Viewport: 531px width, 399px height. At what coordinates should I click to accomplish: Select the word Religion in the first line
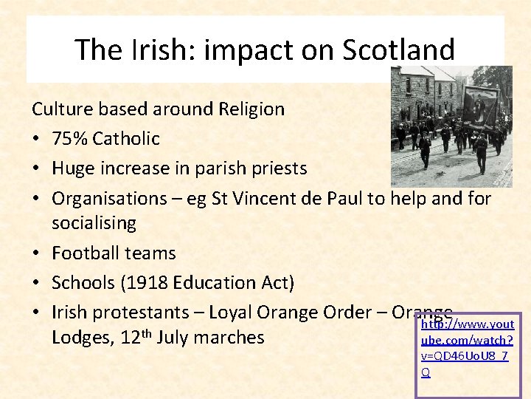[251, 109]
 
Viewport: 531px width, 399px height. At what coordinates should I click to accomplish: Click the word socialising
[94, 223]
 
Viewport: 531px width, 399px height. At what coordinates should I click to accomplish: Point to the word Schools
[83, 282]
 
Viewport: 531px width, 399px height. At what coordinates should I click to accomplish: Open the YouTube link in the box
[465, 348]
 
